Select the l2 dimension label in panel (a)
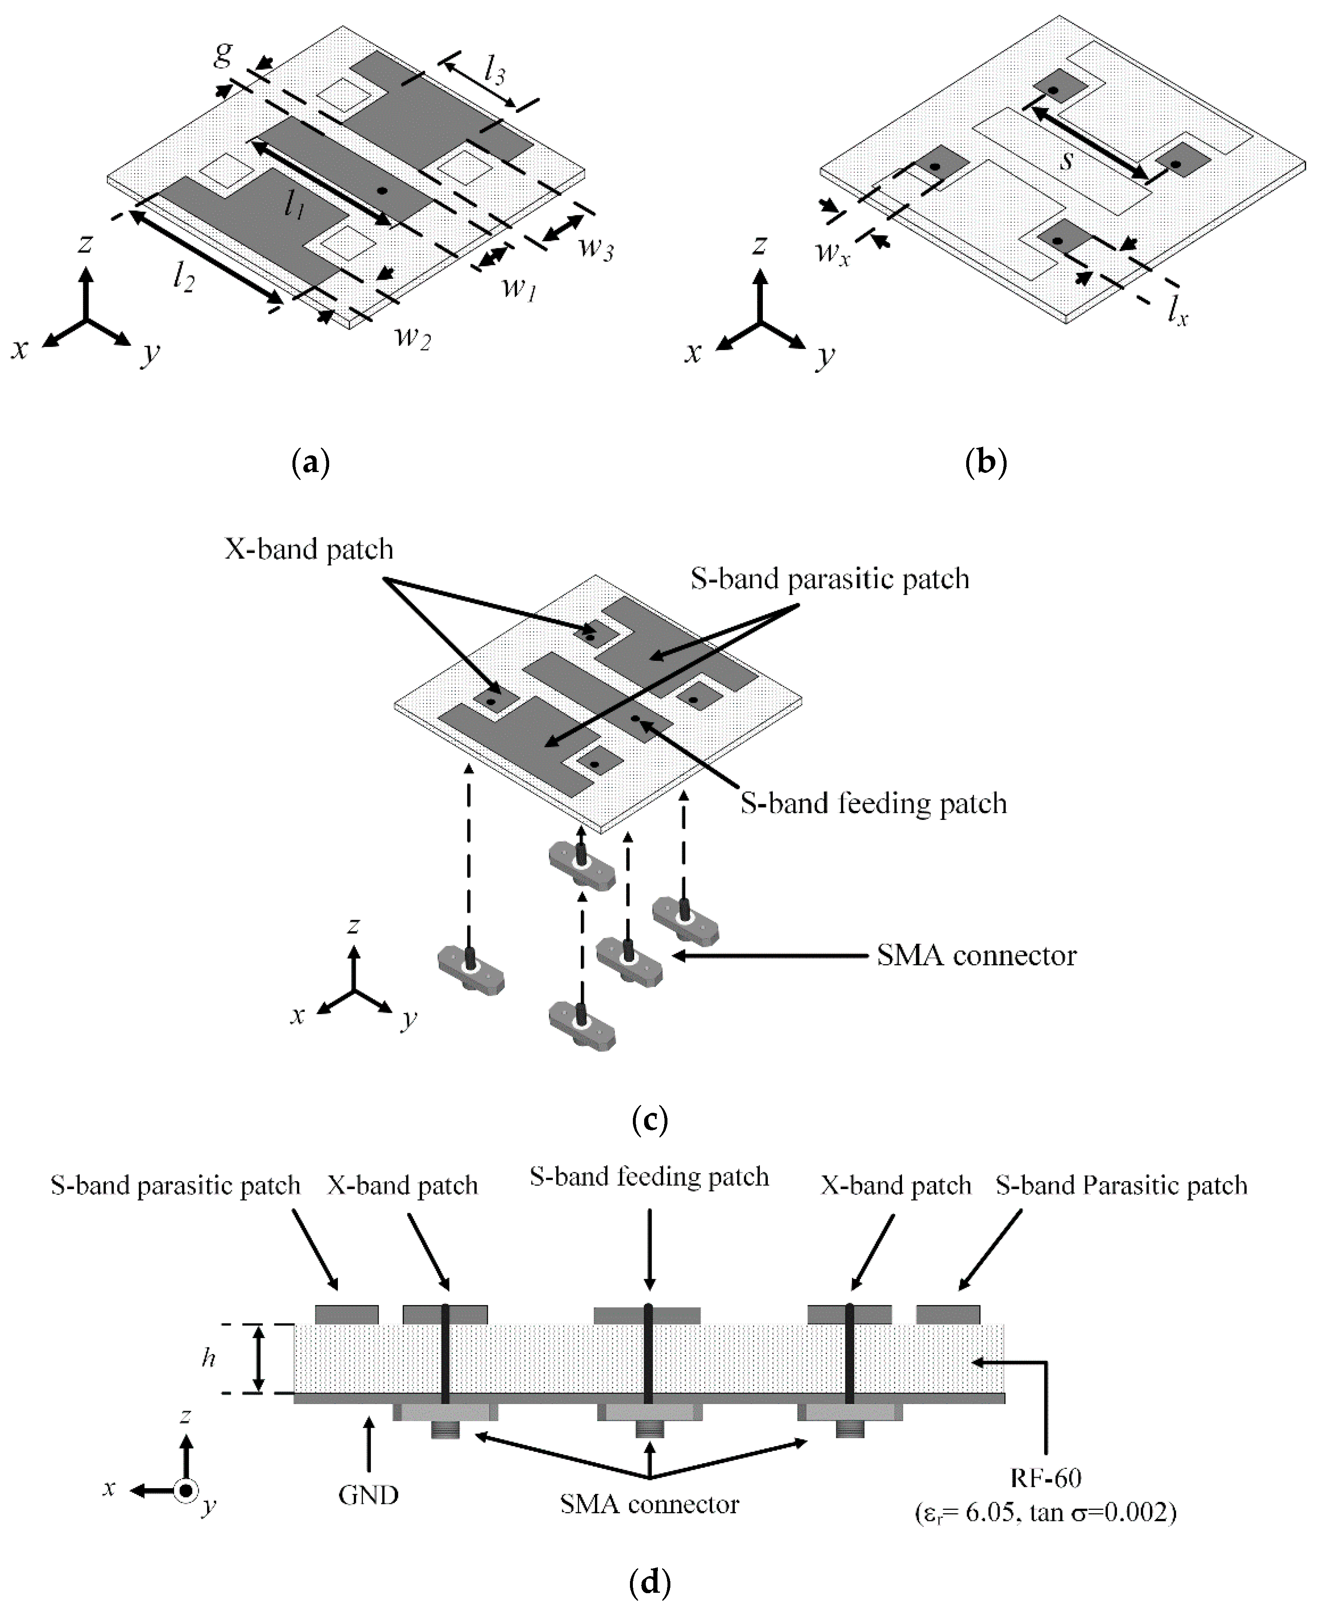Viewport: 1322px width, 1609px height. click(x=183, y=280)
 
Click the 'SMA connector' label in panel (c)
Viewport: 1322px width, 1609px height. click(x=976, y=955)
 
